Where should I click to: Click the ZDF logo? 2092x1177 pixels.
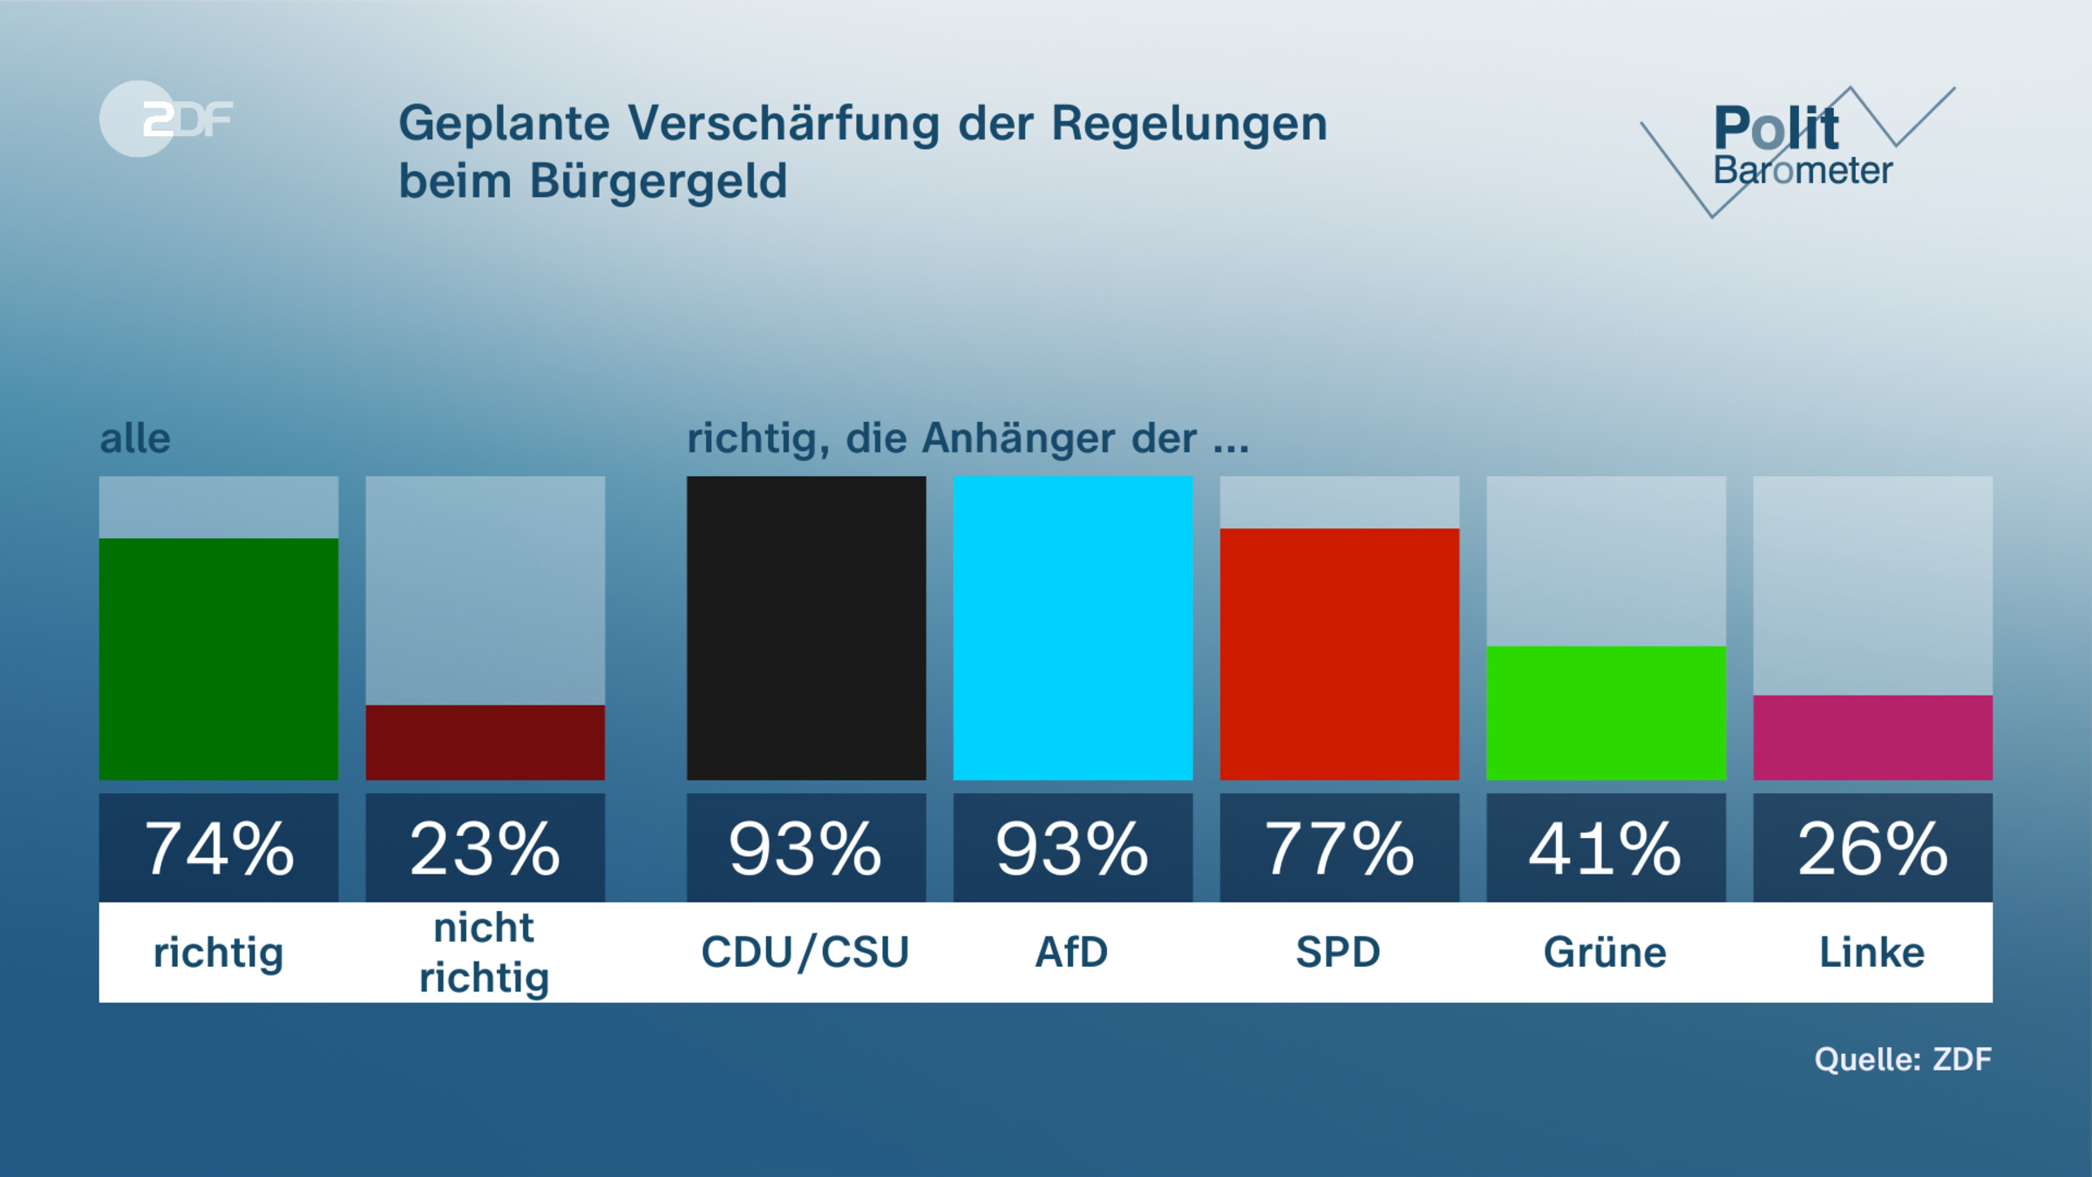click(x=166, y=119)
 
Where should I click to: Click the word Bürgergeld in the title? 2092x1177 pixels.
click(x=658, y=181)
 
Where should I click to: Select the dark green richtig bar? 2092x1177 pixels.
click(x=218, y=659)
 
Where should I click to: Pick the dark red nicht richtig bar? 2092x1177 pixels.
click(x=485, y=743)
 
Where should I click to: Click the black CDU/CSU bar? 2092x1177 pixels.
click(x=806, y=628)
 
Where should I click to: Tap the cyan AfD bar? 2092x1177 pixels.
click(x=1072, y=628)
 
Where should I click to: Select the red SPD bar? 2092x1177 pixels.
click(x=1339, y=654)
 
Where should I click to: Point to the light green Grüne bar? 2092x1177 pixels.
click(x=1606, y=713)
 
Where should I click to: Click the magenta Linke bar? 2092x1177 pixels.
click(x=1872, y=738)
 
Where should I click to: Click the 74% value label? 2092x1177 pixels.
click(x=218, y=848)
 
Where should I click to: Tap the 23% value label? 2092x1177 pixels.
click(x=485, y=848)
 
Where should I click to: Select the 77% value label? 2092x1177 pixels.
click(x=1339, y=848)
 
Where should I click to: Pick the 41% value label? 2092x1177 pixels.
click(x=1606, y=848)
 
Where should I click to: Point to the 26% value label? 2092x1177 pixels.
click(x=1872, y=848)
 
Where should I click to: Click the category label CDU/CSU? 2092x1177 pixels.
click(x=805, y=952)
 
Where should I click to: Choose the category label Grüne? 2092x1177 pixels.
click(x=1605, y=952)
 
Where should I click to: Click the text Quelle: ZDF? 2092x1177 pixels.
click(x=1902, y=1059)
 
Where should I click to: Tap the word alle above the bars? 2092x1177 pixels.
click(x=135, y=439)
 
